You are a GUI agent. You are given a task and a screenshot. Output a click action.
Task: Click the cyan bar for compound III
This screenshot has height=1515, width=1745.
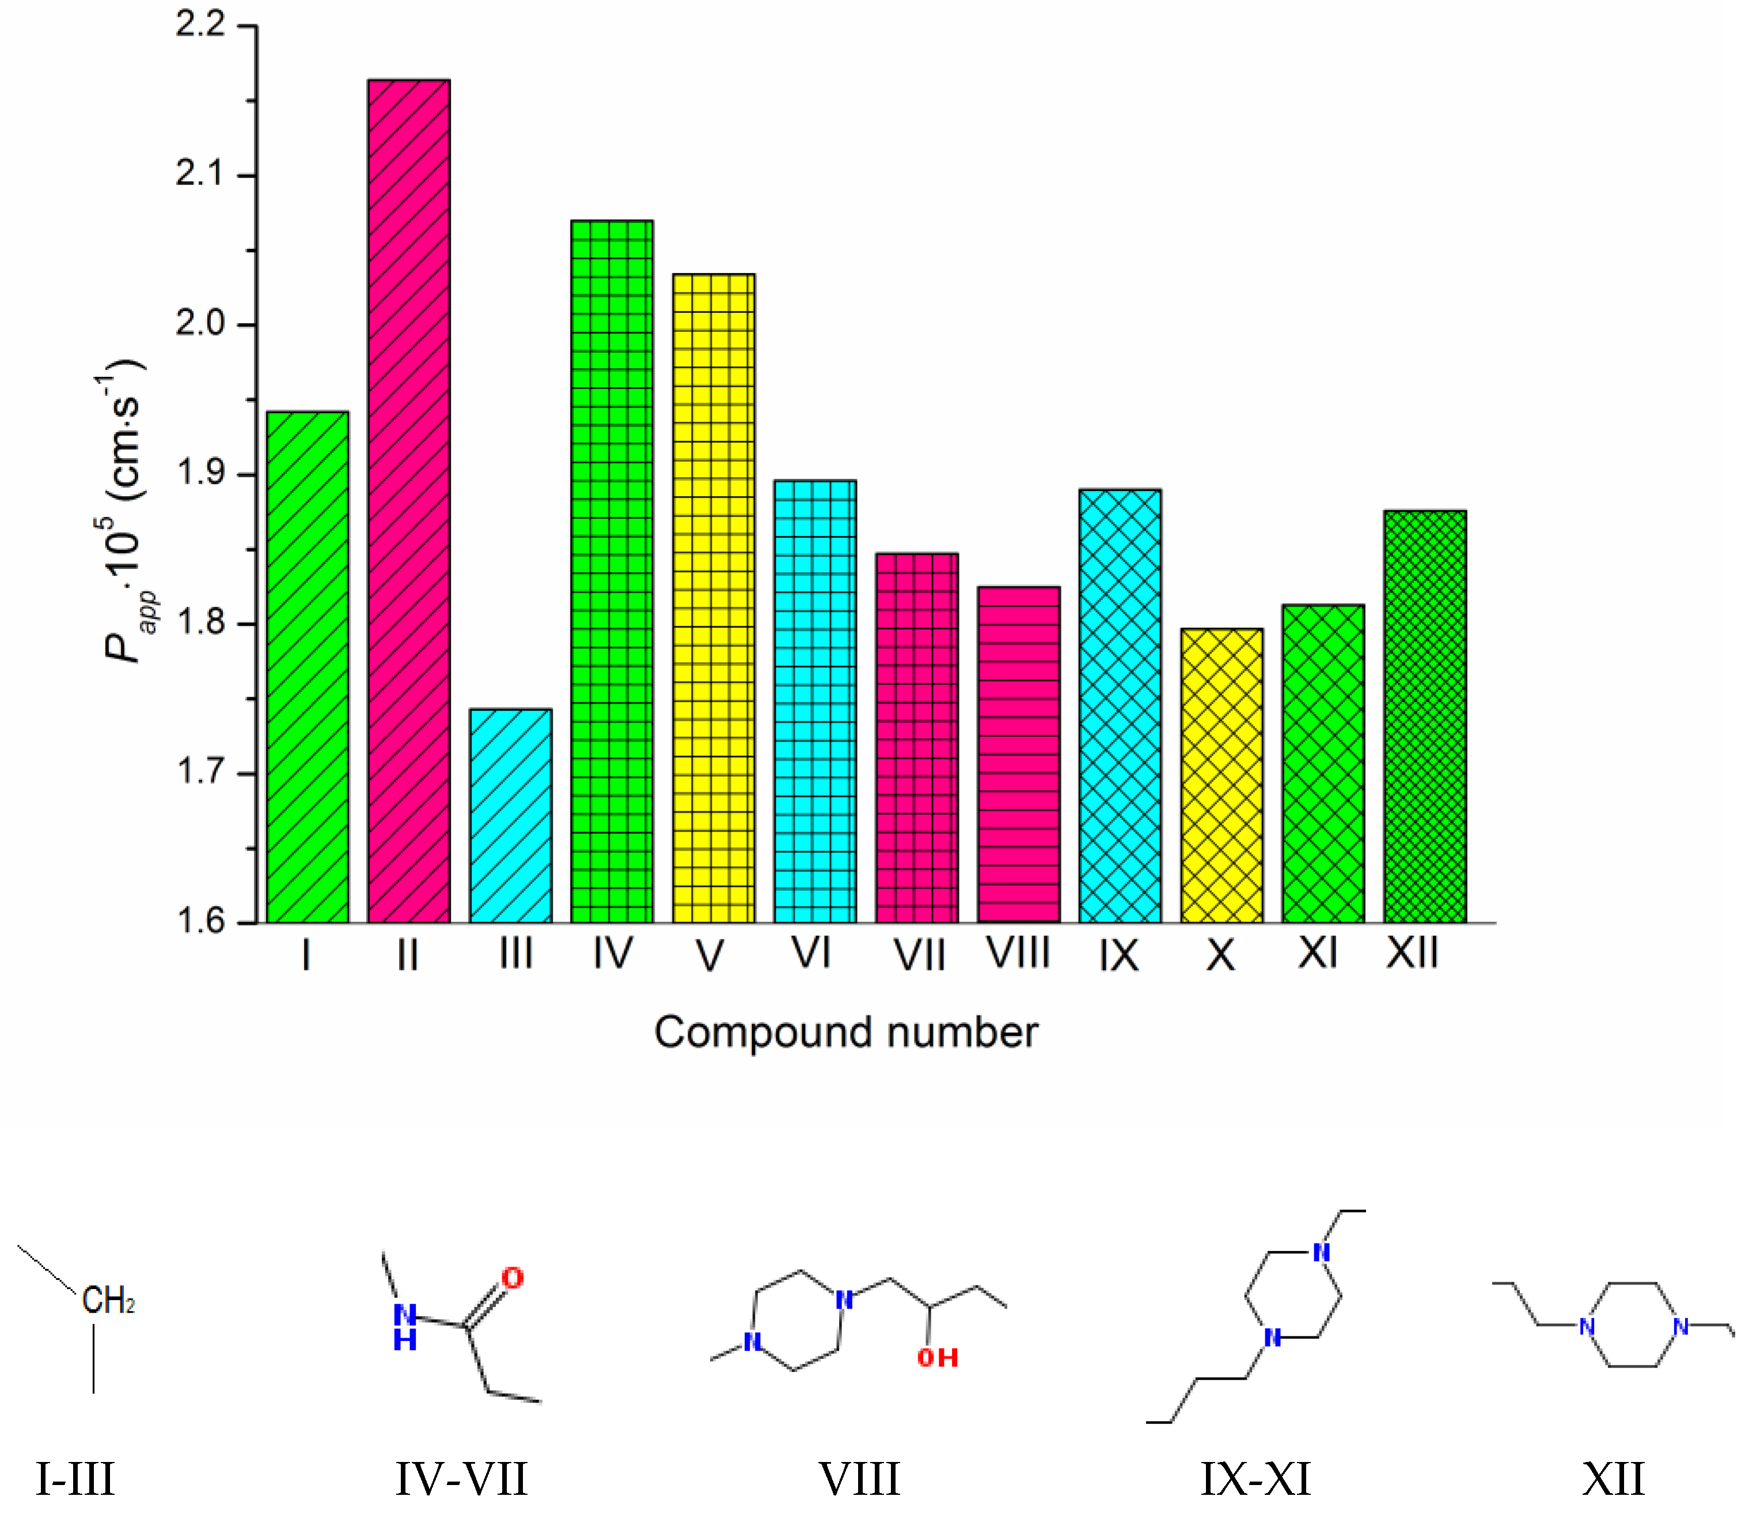(x=510, y=816)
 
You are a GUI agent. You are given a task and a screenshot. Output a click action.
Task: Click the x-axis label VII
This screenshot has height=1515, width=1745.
(x=919, y=956)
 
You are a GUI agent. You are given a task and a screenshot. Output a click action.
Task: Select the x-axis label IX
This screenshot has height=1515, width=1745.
(x=1119, y=956)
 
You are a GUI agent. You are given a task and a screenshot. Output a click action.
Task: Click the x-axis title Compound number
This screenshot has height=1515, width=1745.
(x=846, y=1032)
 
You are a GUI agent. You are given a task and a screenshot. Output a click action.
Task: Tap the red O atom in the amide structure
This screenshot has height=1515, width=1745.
(x=512, y=1278)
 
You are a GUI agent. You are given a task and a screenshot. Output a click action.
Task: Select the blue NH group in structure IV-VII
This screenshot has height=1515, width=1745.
(x=405, y=1327)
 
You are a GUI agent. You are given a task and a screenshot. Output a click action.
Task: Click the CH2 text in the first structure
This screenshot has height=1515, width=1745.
(x=108, y=1300)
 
